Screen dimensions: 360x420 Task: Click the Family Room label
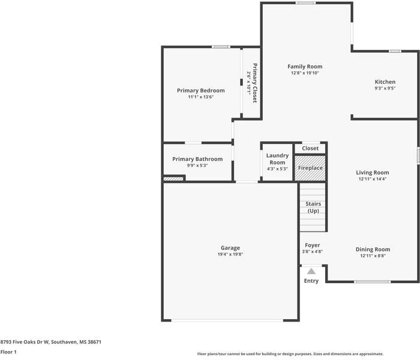pyautogui.click(x=305, y=67)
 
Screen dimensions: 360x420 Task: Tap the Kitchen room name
pyautogui.click(x=385, y=82)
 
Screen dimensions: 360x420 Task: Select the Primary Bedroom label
pyautogui.click(x=200, y=91)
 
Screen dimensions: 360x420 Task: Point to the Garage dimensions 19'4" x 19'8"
pyautogui.click(x=230, y=254)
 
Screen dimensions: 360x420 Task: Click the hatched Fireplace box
pyautogui.click(x=310, y=168)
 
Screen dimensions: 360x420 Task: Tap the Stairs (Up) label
pyautogui.click(x=313, y=208)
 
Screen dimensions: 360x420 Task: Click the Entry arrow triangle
pyautogui.click(x=311, y=272)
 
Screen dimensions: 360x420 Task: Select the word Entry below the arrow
pyautogui.click(x=311, y=281)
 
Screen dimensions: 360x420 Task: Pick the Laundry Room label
pyautogui.click(x=277, y=159)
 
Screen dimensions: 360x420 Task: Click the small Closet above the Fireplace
pyautogui.click(x=310, y=148)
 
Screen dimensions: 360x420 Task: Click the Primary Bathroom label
pyautogui.click(x=197, y=159)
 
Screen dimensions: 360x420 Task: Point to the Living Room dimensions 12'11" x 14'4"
pyautogui.click(x=373, y=179)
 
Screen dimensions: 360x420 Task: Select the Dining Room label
pyautogui.click(x=373, y=249)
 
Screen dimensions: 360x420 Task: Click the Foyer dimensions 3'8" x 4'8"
pyautogui.click(x=312, y=251)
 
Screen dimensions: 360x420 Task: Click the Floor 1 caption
pyautogui.click(x=8, y=352)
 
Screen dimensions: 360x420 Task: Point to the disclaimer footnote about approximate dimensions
pyautogui.click(x=290, y=354)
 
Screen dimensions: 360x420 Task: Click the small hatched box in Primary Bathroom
pyautogui.click(x=173, y=178)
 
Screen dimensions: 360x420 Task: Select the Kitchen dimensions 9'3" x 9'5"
pyautogui.click(x=385, y=88)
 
